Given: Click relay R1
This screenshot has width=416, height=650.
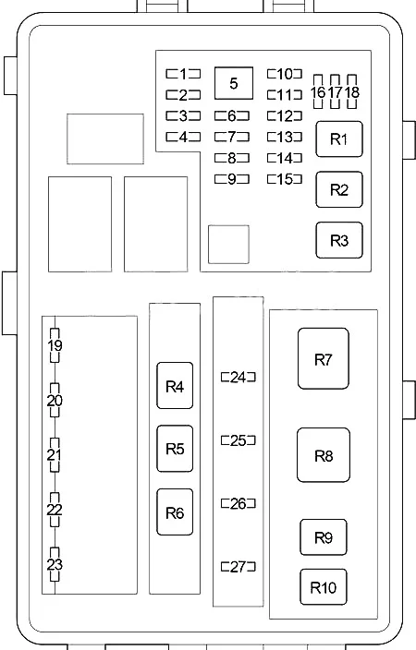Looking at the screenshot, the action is click(339, 138).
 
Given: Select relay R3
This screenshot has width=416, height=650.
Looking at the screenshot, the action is click(339, 240).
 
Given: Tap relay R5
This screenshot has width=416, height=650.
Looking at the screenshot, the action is click(175, 449).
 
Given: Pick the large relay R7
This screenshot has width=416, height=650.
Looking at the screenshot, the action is click(324, 358).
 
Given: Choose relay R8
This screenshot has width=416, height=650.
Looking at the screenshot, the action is click(324, 455).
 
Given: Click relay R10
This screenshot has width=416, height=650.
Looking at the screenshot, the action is click(324, 587).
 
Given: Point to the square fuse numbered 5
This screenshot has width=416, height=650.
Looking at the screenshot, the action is click(234, 83).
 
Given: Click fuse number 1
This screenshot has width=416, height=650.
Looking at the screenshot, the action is click(183, 74).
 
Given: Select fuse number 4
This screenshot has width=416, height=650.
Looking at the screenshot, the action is click(183, 137).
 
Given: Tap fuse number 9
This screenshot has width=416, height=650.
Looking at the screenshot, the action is click(232, 179).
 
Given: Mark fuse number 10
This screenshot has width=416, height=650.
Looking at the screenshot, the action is click(285, 74).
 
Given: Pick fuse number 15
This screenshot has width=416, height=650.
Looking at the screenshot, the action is click(285, 179).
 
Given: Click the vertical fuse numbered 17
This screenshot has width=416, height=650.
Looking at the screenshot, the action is click(335, 91).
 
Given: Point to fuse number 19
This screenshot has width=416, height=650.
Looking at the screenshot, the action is click(55, 345).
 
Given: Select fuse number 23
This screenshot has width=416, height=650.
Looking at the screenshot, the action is click(55, 564).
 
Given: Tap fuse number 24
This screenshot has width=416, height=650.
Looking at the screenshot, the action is click(239, 378).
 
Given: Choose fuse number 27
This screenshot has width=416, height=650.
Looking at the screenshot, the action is click(239, 566).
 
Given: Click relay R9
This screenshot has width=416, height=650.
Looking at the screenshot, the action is click(324, 537).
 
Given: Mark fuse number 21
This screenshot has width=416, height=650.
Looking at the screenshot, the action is click(55, 455).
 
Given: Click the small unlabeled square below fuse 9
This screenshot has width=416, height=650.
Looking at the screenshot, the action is click(228, 244).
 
